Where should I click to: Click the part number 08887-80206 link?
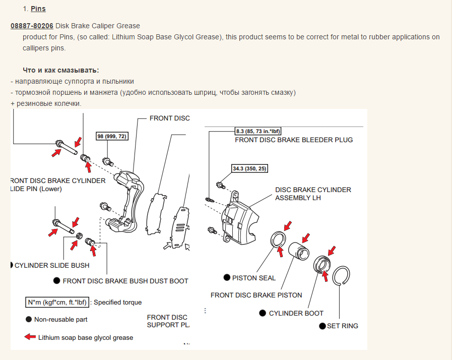click(32, 26)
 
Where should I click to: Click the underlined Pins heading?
click(38, 9)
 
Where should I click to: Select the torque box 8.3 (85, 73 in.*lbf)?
click(258, 131)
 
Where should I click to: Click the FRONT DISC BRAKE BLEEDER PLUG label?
click(294, 140)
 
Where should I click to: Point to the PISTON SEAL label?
click(253, 278)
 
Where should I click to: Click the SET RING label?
click(343, 326)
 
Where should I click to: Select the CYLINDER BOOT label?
click(296, 313)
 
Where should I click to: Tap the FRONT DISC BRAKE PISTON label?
click(256, 295)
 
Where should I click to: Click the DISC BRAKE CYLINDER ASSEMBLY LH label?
click(313, 194)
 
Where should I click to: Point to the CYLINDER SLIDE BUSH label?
click(52, 265)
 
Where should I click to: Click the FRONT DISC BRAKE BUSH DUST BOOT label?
click(125, 281)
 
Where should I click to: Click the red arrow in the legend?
click(30, 337)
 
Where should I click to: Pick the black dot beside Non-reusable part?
click(29, 319)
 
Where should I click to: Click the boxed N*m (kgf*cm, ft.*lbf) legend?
click(57, 303)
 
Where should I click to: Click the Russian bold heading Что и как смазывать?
click(61, 71)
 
